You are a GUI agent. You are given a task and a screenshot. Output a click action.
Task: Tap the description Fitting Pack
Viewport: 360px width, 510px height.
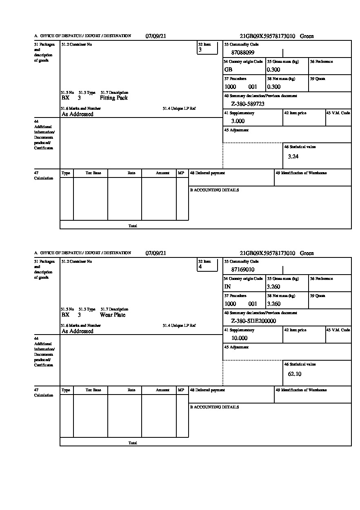(x=113, y=98)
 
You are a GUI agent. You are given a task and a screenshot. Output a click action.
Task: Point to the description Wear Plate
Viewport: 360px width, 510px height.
(x=113, y=315)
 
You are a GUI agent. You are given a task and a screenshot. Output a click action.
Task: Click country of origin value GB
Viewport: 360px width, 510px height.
(x=228, y=70)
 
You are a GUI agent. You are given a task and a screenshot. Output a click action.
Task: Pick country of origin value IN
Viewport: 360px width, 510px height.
(x=228, y=287)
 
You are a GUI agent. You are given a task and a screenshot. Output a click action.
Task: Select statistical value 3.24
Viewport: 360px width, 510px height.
(x=293, y=157)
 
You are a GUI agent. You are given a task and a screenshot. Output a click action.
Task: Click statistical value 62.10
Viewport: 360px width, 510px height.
(x=294, y=374)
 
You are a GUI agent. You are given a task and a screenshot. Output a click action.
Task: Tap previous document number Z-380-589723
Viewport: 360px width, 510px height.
(x=248, y=104)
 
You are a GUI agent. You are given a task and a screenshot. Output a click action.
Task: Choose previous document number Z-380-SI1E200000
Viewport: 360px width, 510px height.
(x=253, y=321)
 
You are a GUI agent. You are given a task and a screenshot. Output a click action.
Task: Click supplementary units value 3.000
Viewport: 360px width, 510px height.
(x=238, y=121)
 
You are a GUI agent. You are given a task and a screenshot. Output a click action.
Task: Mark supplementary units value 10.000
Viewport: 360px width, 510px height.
(x=239, y=338)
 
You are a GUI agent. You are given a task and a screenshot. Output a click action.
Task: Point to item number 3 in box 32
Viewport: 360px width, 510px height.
(x=200, y=50)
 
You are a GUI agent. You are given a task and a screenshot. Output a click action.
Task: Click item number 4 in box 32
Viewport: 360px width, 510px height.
(x=200, y=267)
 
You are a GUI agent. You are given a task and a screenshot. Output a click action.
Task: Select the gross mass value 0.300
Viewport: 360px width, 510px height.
(x=273, y=70)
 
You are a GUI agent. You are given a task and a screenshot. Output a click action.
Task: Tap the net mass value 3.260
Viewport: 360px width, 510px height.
(x=273, y=304)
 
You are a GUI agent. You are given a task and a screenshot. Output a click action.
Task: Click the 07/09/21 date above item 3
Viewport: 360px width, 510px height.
(x=156, y=36)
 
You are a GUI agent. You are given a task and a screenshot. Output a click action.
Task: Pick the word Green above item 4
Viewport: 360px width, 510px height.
(x=307, y=253)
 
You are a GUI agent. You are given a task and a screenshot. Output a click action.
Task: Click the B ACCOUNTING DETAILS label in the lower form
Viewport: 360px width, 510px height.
(x=214, y=407)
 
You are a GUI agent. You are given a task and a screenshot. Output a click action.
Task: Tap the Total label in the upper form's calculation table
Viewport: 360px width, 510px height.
(x=133, y=226)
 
